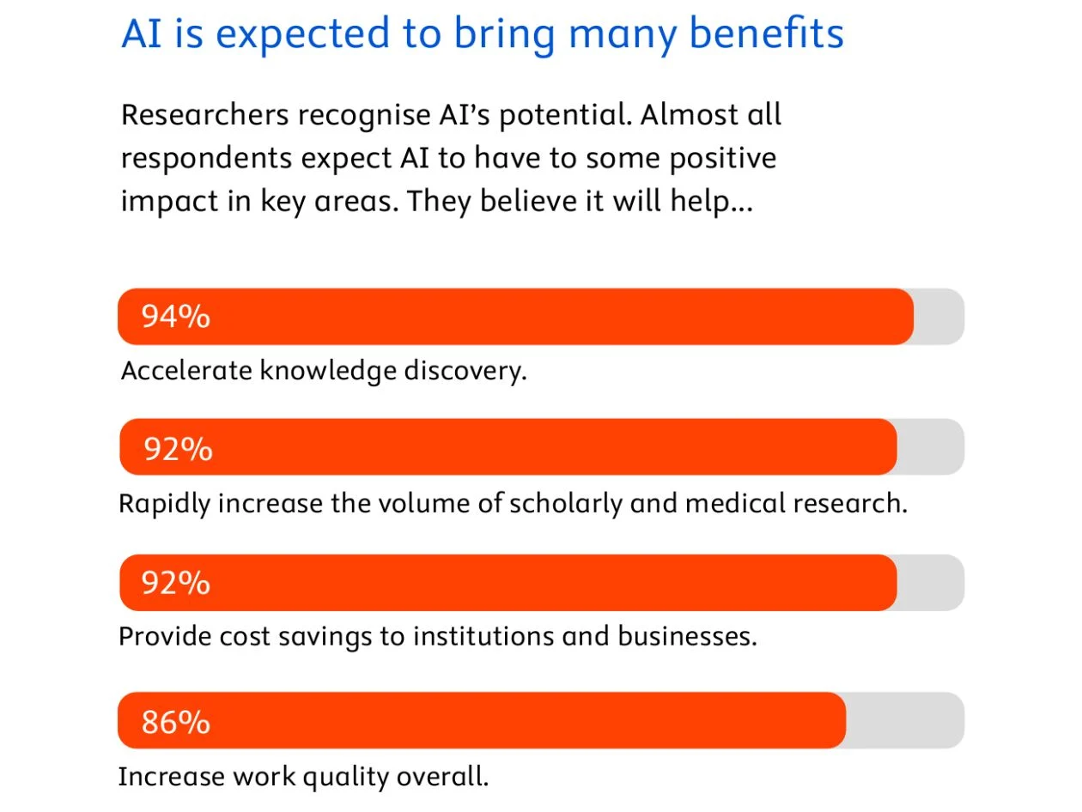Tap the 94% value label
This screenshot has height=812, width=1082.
[176, 317]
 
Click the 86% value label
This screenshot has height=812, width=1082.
[176, 722]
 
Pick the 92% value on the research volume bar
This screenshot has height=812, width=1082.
[178, 448]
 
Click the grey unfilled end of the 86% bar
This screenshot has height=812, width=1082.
[905, 720]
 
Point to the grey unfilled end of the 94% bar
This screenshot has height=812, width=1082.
[939, 317]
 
